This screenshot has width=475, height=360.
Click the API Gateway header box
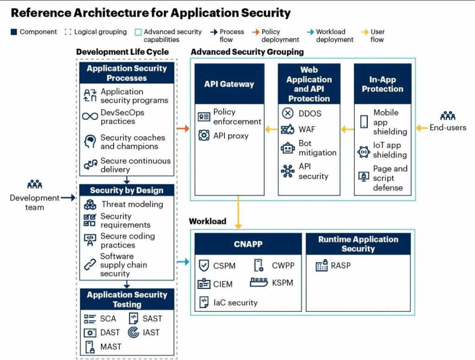point(229,84)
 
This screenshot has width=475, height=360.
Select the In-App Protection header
point(382,84)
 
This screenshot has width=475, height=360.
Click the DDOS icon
point(288,114)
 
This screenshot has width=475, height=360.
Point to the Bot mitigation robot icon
point(288,148)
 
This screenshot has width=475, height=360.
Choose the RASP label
point(340,266)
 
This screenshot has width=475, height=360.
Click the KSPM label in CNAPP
point(282,283)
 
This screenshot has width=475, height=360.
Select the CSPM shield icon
point(204,266)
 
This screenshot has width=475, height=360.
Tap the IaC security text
point(235,302)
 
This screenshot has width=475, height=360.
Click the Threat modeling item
point(132,204)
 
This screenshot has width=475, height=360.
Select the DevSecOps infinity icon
point(90,116)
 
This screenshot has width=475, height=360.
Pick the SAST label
point(152,318)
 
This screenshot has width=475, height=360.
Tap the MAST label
point(111,347)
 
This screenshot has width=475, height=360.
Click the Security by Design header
point(127,190)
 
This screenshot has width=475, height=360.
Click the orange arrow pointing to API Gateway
point(183,129)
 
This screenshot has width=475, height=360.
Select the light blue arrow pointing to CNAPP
point(183,262)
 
